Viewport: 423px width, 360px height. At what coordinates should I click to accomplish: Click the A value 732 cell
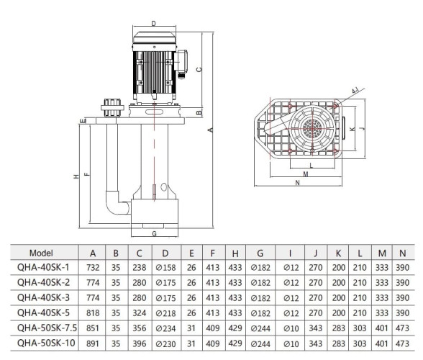(x=92, y=268)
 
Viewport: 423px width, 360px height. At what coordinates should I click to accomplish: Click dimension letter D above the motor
(x=153, y=24)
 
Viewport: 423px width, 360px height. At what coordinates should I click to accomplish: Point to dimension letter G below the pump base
(x=154, y=233)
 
